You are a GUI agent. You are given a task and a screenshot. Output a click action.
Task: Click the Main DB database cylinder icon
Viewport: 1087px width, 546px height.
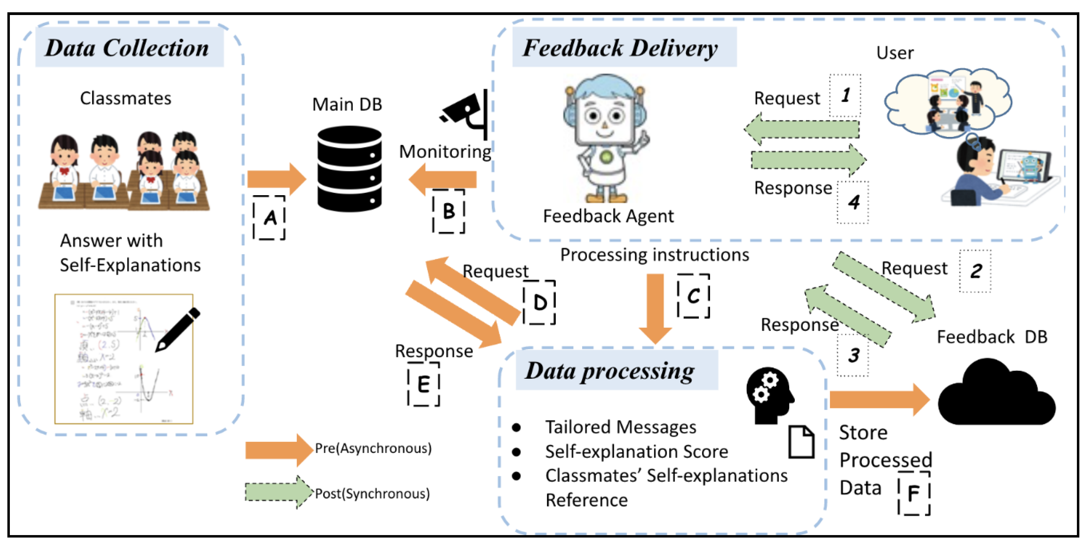[349, 169]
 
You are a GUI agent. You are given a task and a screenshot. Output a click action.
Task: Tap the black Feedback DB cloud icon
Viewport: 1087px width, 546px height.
[996, 394]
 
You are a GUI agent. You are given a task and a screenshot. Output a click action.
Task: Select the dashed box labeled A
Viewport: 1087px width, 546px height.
[269, 218]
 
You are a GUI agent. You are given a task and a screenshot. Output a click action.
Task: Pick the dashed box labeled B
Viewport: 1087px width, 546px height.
[449, 211]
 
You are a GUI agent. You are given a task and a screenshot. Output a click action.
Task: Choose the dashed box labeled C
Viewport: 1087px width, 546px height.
[693, 296]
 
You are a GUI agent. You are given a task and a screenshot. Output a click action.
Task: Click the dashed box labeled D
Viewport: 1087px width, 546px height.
[539, 302]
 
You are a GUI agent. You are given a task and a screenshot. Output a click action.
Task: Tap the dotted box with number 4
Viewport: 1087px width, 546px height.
[853, 202]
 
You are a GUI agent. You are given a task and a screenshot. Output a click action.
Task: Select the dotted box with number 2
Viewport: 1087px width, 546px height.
[975, 271]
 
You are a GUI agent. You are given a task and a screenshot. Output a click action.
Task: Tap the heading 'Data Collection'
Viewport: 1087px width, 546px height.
[127, 48]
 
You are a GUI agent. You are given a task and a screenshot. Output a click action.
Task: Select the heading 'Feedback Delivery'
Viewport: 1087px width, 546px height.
[620, 48]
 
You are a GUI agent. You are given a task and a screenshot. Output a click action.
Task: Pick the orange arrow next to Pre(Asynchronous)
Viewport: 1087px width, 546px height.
[278, 450]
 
